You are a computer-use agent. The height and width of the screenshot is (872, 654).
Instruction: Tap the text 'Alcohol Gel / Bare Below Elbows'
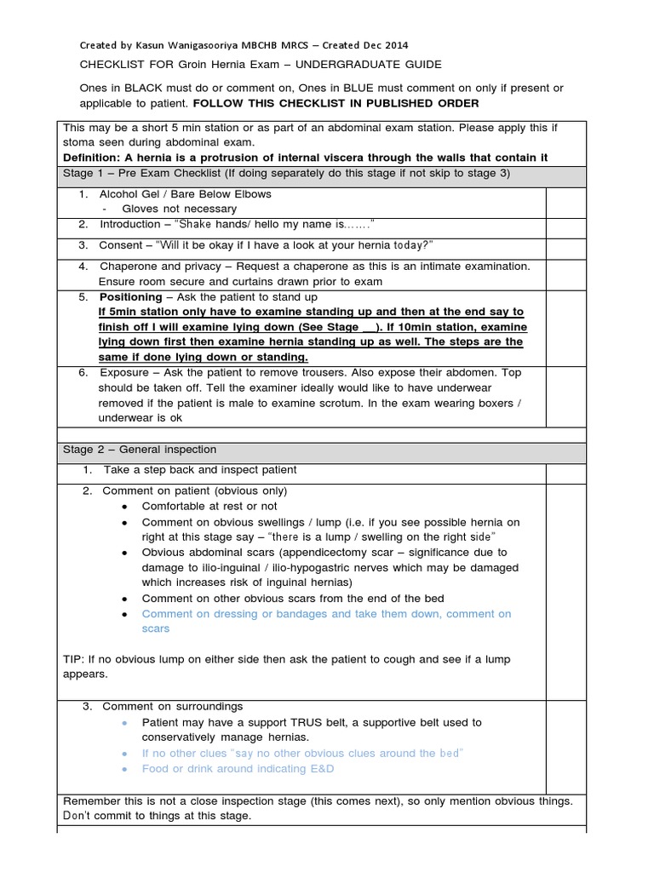click(x=186, y=194)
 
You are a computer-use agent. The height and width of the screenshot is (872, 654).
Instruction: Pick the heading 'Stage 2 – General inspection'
click(x=140, y=449)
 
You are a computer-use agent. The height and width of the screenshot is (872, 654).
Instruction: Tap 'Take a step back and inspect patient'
click(x=200, y=470)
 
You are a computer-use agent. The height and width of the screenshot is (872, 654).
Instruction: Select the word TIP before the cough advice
click(x=74, y=659)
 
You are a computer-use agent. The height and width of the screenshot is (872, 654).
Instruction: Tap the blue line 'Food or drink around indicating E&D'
click(x=238, y=768)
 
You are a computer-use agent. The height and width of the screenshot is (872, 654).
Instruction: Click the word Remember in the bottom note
click(x=92, y=801)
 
